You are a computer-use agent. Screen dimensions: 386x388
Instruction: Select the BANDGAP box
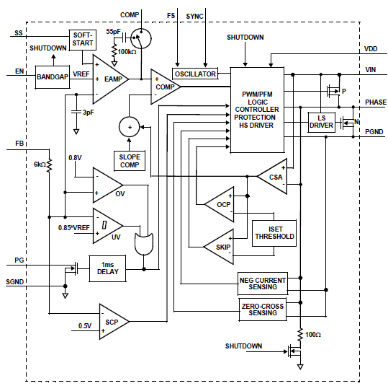pos(51,76)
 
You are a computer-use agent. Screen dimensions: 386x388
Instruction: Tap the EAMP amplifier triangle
pos(109,79)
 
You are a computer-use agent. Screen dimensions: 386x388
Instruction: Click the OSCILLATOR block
pos(195,74)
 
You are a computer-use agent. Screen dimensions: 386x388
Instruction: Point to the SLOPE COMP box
pos(130,160)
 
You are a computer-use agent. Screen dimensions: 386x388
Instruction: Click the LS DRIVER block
pos(321,121)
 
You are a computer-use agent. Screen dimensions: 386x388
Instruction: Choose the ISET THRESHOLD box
pos(273,232)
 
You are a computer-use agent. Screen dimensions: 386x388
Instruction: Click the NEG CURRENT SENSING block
pos(261,283)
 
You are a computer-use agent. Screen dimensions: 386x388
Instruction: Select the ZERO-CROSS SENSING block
pos(262,310)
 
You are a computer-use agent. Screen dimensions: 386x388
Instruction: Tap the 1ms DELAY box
pos(107,268)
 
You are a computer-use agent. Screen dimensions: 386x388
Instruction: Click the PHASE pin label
pos(375,102)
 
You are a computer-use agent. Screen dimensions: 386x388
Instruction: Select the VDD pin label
pos(370,49)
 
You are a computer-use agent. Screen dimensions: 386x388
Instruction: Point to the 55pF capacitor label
pos(113,32)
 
